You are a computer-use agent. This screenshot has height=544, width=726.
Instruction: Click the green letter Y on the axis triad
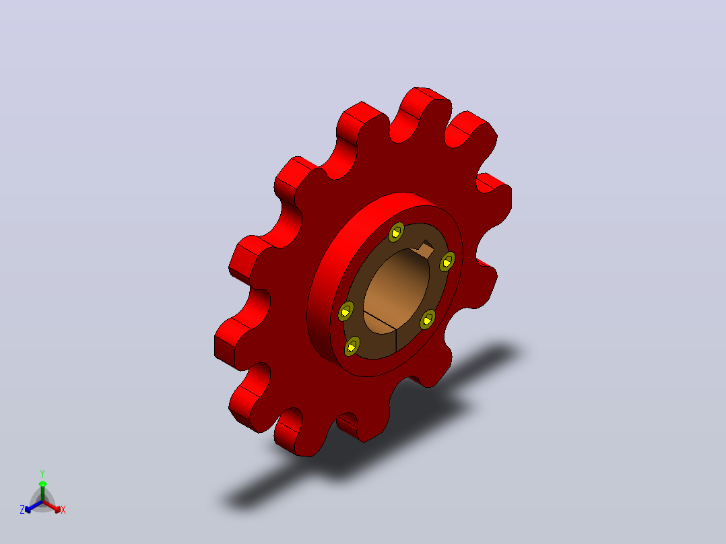(x=42, y=473)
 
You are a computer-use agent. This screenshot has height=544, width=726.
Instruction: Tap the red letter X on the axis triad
(x=63, y=510)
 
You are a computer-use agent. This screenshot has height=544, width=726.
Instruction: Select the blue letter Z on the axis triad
(x=22, y=510)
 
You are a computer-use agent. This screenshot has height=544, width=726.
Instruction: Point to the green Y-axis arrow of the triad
(x=42, y=491)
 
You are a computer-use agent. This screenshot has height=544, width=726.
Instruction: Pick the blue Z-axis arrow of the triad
(x=34, y=506)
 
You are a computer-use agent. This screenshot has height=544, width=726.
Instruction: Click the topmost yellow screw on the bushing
(x=396, y=232)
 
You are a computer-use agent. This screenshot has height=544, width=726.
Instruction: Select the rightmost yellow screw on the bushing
(x=447, y=262)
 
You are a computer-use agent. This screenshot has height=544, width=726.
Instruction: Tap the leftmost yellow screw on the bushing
(x=345, y=311)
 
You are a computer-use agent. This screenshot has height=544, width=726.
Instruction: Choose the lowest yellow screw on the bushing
(x=352, y=346)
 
